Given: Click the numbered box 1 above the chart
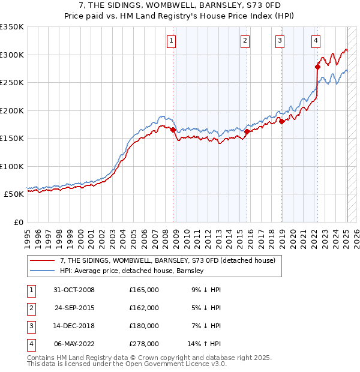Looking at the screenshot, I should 171,41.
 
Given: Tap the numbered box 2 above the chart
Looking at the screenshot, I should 245,41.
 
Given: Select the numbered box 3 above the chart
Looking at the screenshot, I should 280,41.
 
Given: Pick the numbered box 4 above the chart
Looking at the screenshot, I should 316,41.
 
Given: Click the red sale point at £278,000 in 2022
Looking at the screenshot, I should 318,67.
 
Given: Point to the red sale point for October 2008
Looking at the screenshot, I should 173,130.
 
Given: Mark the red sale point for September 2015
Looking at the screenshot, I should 247,131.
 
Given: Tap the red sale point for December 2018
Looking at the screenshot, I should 281,122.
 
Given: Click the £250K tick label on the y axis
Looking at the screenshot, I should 12,83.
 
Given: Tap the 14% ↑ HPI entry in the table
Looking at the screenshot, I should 205,344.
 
